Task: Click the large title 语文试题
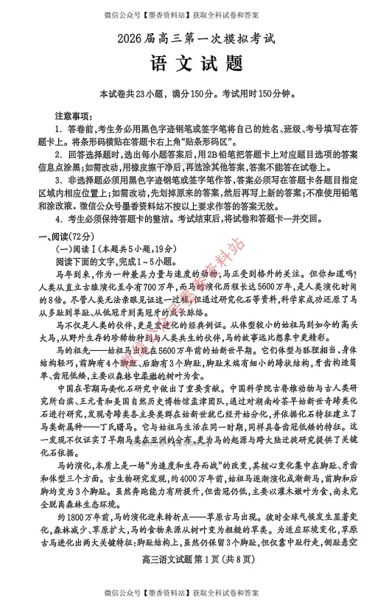192,64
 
